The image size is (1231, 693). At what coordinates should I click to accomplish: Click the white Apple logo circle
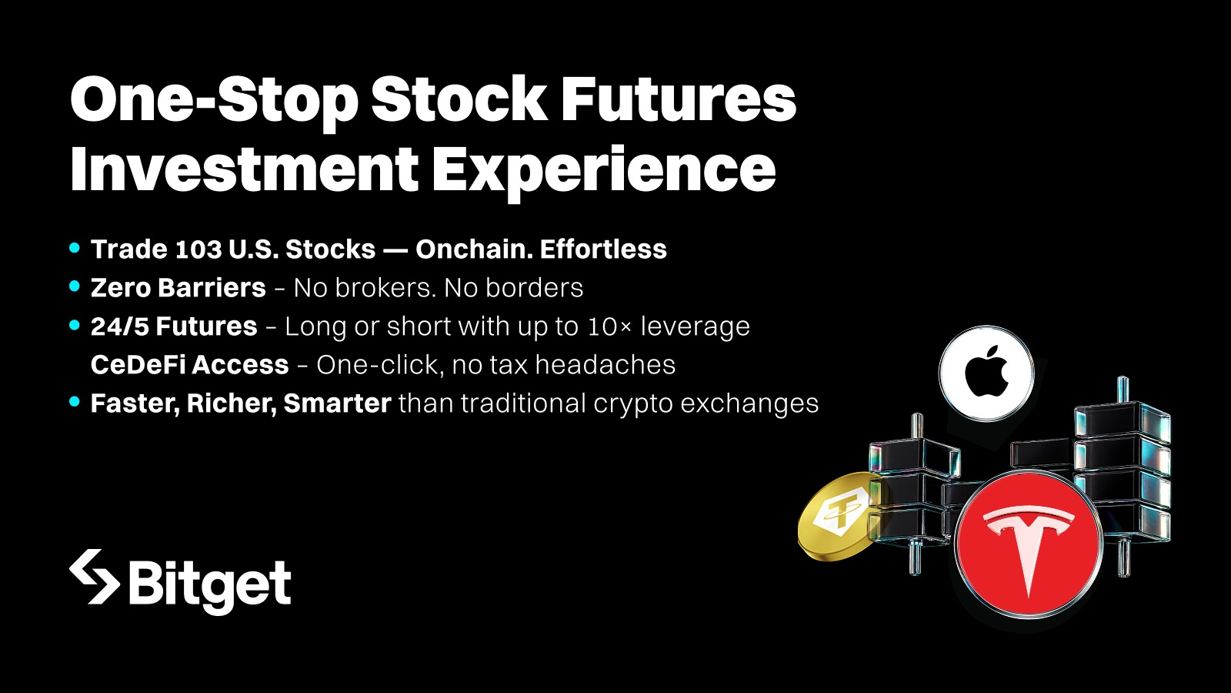(986, 373)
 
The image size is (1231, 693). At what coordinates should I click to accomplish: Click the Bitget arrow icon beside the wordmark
(95, 577)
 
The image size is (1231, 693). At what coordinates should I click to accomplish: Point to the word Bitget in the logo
(209, 584)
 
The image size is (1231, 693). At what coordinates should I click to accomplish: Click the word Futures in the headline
(678, 100)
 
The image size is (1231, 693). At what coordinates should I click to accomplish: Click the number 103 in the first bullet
(198, 249)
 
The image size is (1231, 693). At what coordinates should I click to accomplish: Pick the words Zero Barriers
(178, 288)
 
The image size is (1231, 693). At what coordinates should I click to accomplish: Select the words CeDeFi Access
(189, 365)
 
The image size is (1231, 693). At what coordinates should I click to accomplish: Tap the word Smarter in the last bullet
(337, 403)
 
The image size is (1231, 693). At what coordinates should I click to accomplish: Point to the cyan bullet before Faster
(75, 402)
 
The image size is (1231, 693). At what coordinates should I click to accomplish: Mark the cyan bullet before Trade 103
(75, 248)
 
